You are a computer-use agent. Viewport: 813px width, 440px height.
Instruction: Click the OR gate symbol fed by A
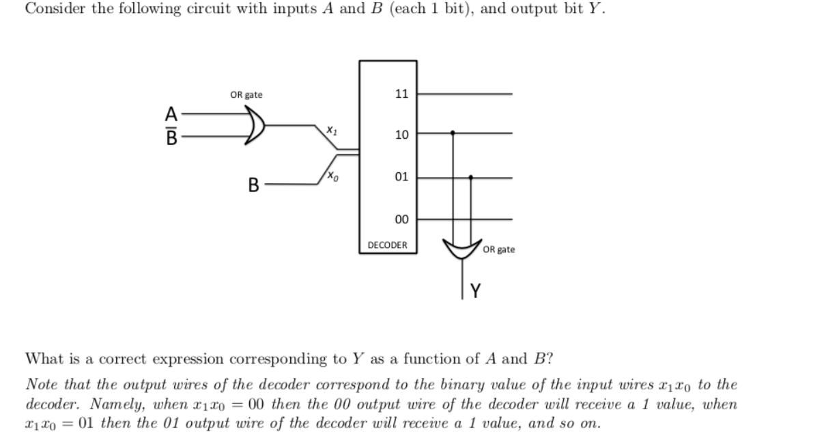[255, 126]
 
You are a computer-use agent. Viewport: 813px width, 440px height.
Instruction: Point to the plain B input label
[253, 184]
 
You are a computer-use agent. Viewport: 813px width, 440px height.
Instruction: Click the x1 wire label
[331, 128]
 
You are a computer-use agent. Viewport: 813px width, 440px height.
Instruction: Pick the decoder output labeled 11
[401, 93]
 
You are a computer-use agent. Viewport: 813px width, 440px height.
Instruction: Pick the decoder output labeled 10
[401, 135]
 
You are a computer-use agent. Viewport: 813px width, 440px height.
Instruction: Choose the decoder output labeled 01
[401, 177]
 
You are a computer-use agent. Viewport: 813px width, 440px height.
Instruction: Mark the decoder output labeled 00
[401, 219]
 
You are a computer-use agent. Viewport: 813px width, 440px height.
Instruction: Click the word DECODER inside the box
[387, 245]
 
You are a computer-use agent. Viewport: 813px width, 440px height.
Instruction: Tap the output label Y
[476, 292]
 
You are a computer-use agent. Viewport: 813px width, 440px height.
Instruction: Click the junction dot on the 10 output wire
[452, 134]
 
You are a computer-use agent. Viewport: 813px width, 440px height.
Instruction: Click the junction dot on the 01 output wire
[471, 177]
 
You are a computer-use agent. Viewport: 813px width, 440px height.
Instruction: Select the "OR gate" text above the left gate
[246, 95]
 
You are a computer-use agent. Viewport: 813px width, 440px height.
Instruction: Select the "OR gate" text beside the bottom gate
[499, 249]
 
